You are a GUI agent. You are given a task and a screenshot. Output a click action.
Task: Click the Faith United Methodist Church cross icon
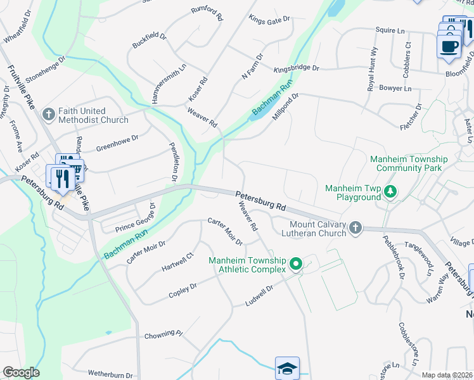(48, 115)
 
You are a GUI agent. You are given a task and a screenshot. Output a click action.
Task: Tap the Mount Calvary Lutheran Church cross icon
(355, 228)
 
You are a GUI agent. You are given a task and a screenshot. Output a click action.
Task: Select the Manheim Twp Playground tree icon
(391, 191)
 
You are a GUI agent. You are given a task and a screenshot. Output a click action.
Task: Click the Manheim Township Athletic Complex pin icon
(295, 264)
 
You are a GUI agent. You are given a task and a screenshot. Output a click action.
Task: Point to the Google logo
(21, 372)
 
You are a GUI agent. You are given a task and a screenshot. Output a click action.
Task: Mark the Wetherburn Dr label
(110, 375)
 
